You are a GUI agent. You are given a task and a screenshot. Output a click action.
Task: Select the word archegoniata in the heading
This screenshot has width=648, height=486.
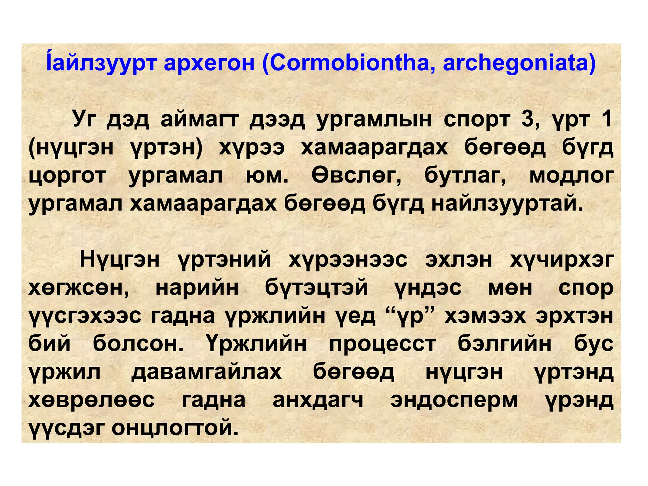(x=519, y=64)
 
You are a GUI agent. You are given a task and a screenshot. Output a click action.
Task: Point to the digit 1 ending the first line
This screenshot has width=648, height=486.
(x=606, y=119)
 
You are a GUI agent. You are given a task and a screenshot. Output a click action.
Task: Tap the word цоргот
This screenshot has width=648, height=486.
(x=67, y=176)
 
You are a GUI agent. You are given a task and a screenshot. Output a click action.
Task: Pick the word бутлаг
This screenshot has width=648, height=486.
(x=465, y=176)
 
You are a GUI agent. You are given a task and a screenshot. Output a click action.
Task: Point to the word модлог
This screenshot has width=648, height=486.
(x=571, y=176)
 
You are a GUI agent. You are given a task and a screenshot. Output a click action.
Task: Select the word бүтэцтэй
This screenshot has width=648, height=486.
(x=316, y=288)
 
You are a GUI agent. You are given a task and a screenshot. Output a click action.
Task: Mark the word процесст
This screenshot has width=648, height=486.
(x=383, y=344)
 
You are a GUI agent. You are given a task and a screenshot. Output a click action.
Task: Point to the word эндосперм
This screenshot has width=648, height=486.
(x=454, y=400)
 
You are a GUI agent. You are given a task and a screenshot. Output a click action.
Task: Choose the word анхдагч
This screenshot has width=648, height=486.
(x=318, y=400)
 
